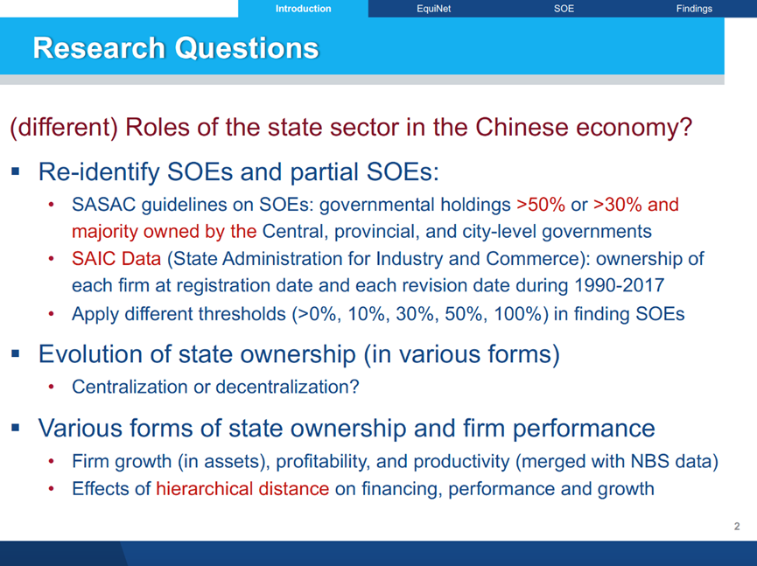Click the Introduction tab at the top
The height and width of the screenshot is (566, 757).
(x=303, y=9)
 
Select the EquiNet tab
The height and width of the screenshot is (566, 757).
(x=433, y=9)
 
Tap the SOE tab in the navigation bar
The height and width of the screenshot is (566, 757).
(x=564, y=9)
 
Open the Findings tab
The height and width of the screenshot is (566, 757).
(x=694, y=9)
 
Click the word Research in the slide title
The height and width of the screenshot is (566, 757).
(x=99, y=48)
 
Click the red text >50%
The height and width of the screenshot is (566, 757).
(x=541, y=205)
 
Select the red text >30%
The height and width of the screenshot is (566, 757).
(x=618, y=205)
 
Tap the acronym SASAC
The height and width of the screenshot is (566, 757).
(x=104, y=205)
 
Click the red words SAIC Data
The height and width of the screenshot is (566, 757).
(x=116, y=259)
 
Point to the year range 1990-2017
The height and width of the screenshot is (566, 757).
(x=620, y=285)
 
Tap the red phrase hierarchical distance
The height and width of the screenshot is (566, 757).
(x=242, y=489)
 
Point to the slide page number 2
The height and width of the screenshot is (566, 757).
(x=737, y=526)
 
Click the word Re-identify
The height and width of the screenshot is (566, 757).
(x=99, y=172)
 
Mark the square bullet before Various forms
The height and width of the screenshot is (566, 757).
(x=16, y=428)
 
